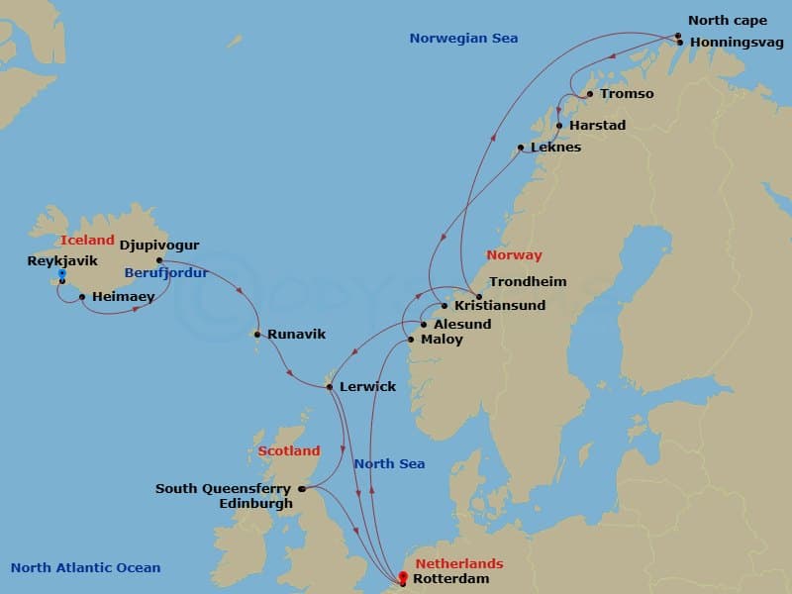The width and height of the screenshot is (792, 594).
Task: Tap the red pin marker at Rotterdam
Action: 403,576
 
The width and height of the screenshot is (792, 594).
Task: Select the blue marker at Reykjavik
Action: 62,273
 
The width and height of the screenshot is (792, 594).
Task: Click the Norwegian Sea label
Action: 463,39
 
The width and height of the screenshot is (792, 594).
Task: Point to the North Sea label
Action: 389,463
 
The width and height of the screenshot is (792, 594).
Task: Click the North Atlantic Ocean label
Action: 85,567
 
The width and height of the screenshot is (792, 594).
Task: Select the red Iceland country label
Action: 87,241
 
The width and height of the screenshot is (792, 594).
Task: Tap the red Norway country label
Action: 514,255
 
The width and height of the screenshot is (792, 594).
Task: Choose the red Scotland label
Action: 289,450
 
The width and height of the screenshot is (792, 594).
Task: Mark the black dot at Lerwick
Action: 330,386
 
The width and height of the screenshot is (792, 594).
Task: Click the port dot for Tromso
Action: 590,94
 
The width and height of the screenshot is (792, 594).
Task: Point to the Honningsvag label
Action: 736,43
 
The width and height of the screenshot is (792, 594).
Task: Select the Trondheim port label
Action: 528,281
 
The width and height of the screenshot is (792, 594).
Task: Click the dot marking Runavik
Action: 257,335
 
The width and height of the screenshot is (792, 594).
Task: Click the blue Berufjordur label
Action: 165,272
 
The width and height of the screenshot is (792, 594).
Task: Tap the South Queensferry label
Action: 223,488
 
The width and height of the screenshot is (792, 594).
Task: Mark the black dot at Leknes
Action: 521,148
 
